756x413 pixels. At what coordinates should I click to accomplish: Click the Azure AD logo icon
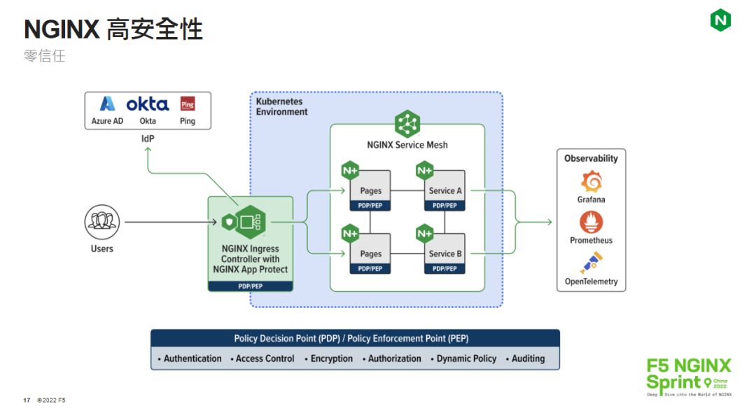pos(107,104)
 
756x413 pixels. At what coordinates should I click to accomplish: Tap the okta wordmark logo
pos(147,104)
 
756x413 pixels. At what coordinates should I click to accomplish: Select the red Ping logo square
pos(187,104)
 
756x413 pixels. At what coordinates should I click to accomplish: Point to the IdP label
pos(148,139)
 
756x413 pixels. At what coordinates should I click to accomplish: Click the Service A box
pos(445,190)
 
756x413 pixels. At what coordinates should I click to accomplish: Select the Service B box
pos(445,253)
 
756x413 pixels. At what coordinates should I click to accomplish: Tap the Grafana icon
pos(591,181)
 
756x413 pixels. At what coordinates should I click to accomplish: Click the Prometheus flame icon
pos(591,223)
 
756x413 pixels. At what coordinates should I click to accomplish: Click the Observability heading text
pos(591,158)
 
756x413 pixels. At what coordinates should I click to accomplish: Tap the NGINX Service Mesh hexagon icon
pos(407,125)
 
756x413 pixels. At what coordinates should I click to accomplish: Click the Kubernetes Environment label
pos(281,107)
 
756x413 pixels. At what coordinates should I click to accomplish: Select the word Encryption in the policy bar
pos(332,358)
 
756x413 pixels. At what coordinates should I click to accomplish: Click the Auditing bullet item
pos(528,358)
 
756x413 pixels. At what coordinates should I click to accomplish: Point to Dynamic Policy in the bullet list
pos(466,358)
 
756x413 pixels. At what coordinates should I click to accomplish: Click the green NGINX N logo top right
pos(720,20)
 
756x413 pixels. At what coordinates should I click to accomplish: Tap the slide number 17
pos(27,400)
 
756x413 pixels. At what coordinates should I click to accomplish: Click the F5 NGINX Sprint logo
pos(688,376)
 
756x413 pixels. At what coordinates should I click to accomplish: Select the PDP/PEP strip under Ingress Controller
pos(250,286)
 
